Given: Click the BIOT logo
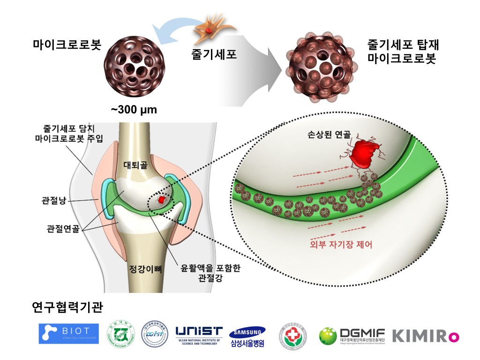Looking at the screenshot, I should coord(68,333).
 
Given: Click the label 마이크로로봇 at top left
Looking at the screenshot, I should coord(67,45).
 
